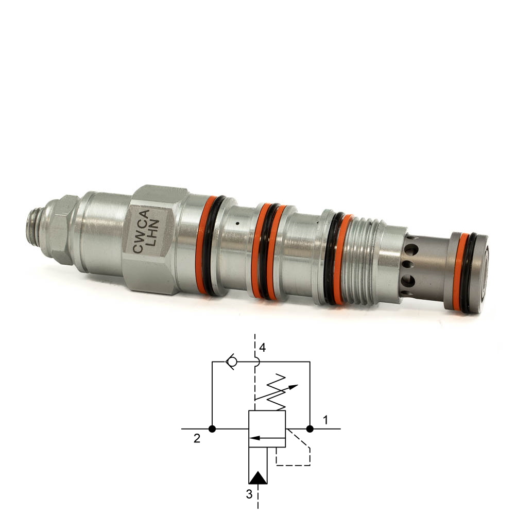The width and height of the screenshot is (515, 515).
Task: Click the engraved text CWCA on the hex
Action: [141, 232]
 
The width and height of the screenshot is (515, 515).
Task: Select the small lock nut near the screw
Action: [61, 230]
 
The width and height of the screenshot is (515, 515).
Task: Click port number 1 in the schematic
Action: [325, 420]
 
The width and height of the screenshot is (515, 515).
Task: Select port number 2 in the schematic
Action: [197, 438]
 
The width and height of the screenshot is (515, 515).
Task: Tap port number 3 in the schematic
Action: [249, 494]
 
